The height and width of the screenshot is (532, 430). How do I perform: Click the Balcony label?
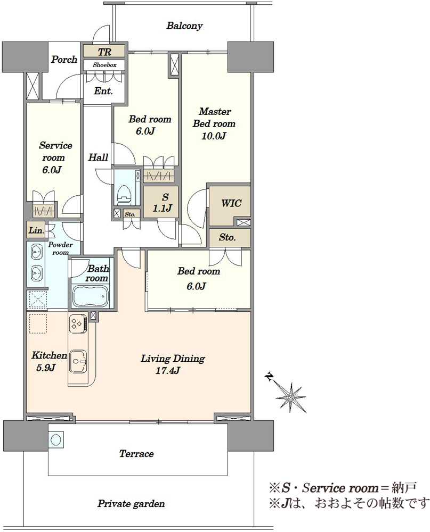coord(184,26)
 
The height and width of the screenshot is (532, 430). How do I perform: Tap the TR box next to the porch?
coord(104,52)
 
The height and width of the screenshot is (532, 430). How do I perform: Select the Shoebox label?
coord(104,65)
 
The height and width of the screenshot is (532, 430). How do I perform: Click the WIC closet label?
coord(231,204)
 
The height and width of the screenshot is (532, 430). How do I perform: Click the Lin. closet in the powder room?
coord(36,230)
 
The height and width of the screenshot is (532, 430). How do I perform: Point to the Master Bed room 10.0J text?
coord(214,123)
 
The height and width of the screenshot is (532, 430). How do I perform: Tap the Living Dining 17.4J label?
coord(173,364)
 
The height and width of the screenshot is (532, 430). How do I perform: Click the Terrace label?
coord(136,454)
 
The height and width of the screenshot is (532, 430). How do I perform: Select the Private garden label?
coord(131,503)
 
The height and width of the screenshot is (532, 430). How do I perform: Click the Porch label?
coord(64,60)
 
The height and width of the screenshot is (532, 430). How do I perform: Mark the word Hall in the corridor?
coord(98,157)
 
